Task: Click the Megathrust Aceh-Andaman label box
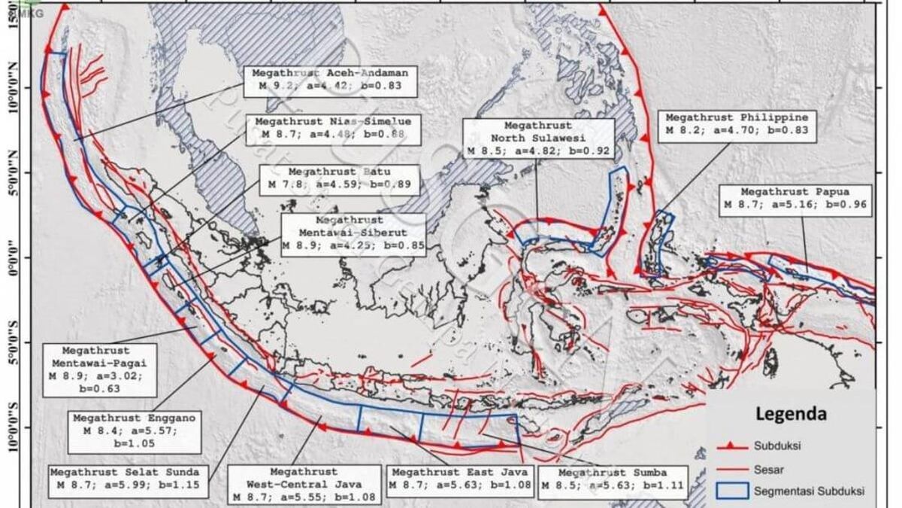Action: click(330, 80)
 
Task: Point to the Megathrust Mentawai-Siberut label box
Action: click(353, 233)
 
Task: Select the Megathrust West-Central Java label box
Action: click(304, 484)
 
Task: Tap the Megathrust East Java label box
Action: click(459, 479)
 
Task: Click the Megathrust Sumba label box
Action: click(613, 479)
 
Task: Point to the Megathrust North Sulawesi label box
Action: click(537, 138)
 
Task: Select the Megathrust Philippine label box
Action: click(736, 124)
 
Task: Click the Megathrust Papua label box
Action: click(795, 198)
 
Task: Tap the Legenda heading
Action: click(791, 414)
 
